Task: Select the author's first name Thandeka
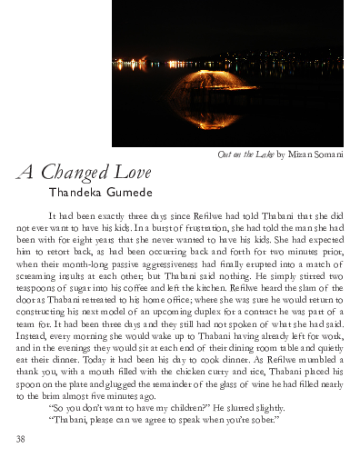(76, 193)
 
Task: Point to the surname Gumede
(132, 193)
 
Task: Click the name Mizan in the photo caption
(291, 154)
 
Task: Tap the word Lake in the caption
(262, 154)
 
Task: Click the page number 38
(21, 439)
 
